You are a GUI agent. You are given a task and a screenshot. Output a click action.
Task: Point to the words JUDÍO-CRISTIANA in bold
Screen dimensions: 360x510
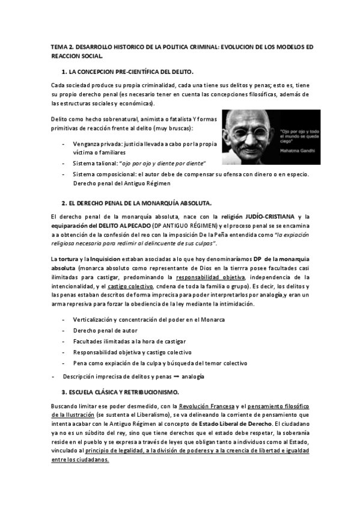coord(261,216)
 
